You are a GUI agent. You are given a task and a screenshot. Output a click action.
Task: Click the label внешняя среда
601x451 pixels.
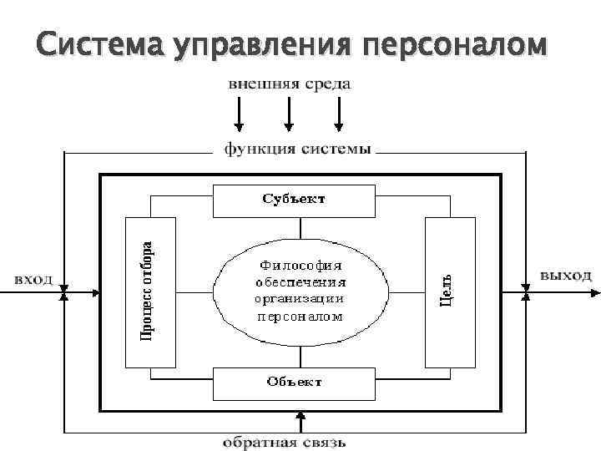click(x=289, y=84)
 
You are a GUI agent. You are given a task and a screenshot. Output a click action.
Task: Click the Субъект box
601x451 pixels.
click(x=293, y=200)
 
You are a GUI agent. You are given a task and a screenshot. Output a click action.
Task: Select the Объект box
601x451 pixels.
click(x=295, y=382)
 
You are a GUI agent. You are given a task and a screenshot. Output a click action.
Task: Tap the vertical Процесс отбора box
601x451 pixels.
click(x=150, y=291)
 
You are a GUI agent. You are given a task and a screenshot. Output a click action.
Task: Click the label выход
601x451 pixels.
click(x=564, y=275)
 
